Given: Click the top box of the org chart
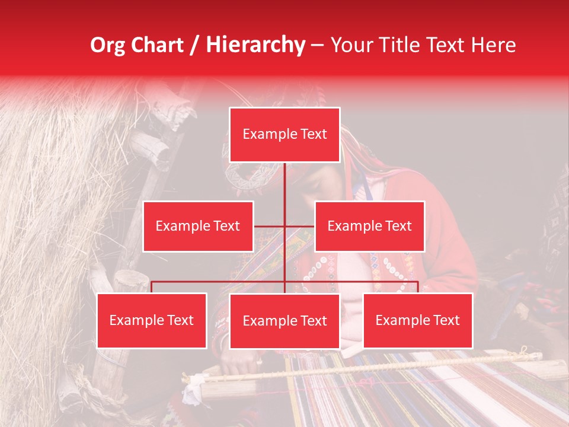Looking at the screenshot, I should tap(284, 135).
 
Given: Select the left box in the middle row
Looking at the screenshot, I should tap(198, 226).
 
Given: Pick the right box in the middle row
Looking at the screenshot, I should tap(369, 226).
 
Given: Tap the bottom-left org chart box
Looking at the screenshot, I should tap(152, 320).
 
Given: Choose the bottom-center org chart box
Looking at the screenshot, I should tap(284, 321).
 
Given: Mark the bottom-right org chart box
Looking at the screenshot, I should tap(417, 320).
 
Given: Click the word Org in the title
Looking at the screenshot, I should tap(107, 45).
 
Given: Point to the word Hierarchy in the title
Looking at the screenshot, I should tap(255, 45).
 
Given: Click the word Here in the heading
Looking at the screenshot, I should tap(493, 45).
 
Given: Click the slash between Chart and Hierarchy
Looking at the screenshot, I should tap(194, 45).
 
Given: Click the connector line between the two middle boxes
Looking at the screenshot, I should tap(284, 226).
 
